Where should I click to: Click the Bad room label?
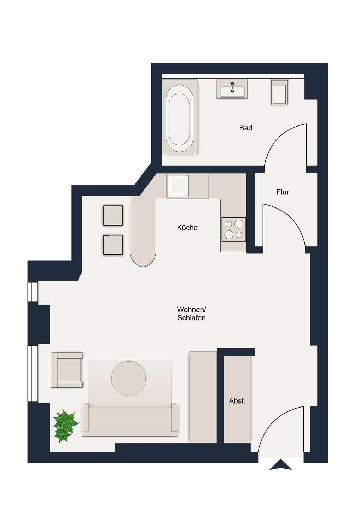pyautogui.click(x=246, y=128)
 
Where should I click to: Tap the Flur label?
pyautogui.click(x=283, y=192)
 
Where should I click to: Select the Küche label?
pyautogui.click(x=187, y=228)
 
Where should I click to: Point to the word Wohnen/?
pyautogui.click(x=191, y=310)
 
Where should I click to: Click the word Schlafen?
pyautogui.click(x=191, y=318)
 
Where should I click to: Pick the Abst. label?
pyautogui.click(x=237, y=401)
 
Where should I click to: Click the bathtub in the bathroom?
pyautogui.click(x=180, y=117)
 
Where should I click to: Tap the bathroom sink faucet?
pyautogui.click(x=232, y=87)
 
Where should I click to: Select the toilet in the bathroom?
pyautogui.click(x=279, y=92)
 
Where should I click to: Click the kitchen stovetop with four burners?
pyautogui.click(x=234, y=229)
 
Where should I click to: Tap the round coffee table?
pyautogui.click(x=128, y=378)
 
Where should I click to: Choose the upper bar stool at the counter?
pyautogui.click(x=113, y=215)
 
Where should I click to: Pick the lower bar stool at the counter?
pyautogui.click(x=113, y=245)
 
